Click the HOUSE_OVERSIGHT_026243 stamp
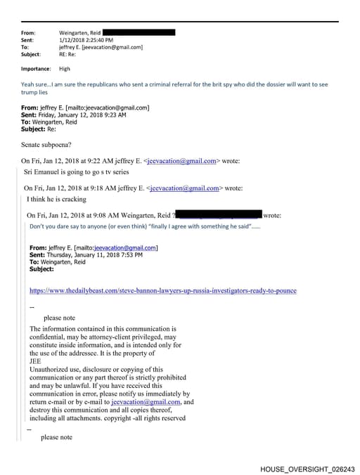click(307, 468)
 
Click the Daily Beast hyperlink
click(162, 290)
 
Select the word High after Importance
click(65, 69)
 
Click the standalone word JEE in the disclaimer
click(36, 361)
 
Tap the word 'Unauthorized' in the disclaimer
click(51, 369)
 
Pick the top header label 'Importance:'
click(36, 69)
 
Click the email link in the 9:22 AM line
click(182, 161)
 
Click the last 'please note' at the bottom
click(56, 437)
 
